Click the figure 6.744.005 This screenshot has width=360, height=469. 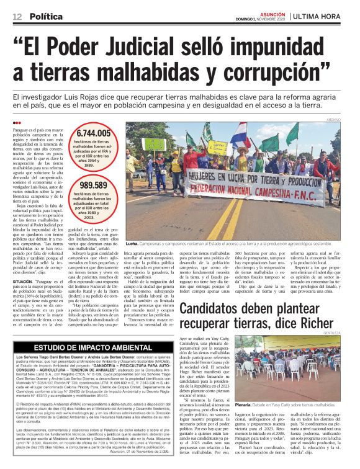tap(94, 133)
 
